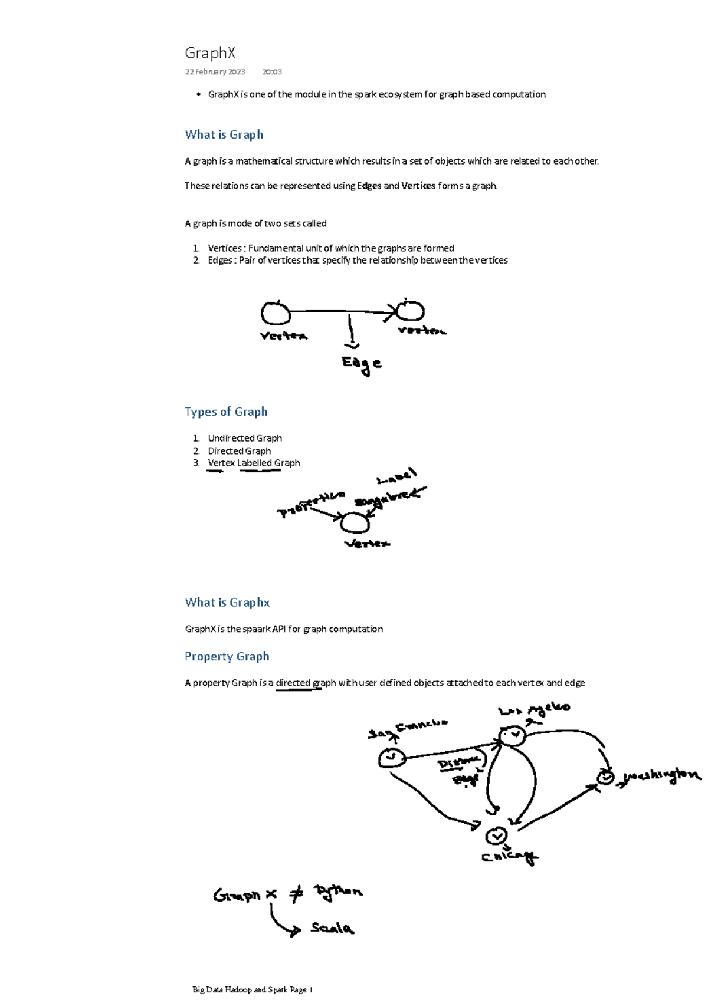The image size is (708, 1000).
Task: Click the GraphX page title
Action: [x=210, y=53]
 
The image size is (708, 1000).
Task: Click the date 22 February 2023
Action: [x=215, y=72]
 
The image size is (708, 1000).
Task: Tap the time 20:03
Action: [x=272, y=72]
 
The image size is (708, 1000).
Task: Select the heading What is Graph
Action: [x=224, y=134]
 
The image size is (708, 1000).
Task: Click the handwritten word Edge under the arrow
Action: [x=361, y=364]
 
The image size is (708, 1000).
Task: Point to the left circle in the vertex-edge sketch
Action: [x=275, y=313]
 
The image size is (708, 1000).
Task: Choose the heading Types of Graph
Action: [x=226, y=412]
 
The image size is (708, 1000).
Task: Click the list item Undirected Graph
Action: [x=244, y=438]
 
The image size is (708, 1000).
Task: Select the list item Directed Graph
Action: [x=239, y=450]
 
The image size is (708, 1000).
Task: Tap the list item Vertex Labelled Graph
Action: [x=254, y=463]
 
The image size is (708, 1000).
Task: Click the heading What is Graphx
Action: [x=227, y=603]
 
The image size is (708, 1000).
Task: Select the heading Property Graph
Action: [x=227, y=656]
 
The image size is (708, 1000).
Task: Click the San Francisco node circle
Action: [x=392, y=758]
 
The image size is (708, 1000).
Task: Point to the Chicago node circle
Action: [x=496, y=835]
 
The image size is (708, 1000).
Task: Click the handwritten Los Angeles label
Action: [x=534, y=710]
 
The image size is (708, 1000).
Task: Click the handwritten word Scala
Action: [x=332, y=928]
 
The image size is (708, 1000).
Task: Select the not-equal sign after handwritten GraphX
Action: [x=296, y=894]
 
